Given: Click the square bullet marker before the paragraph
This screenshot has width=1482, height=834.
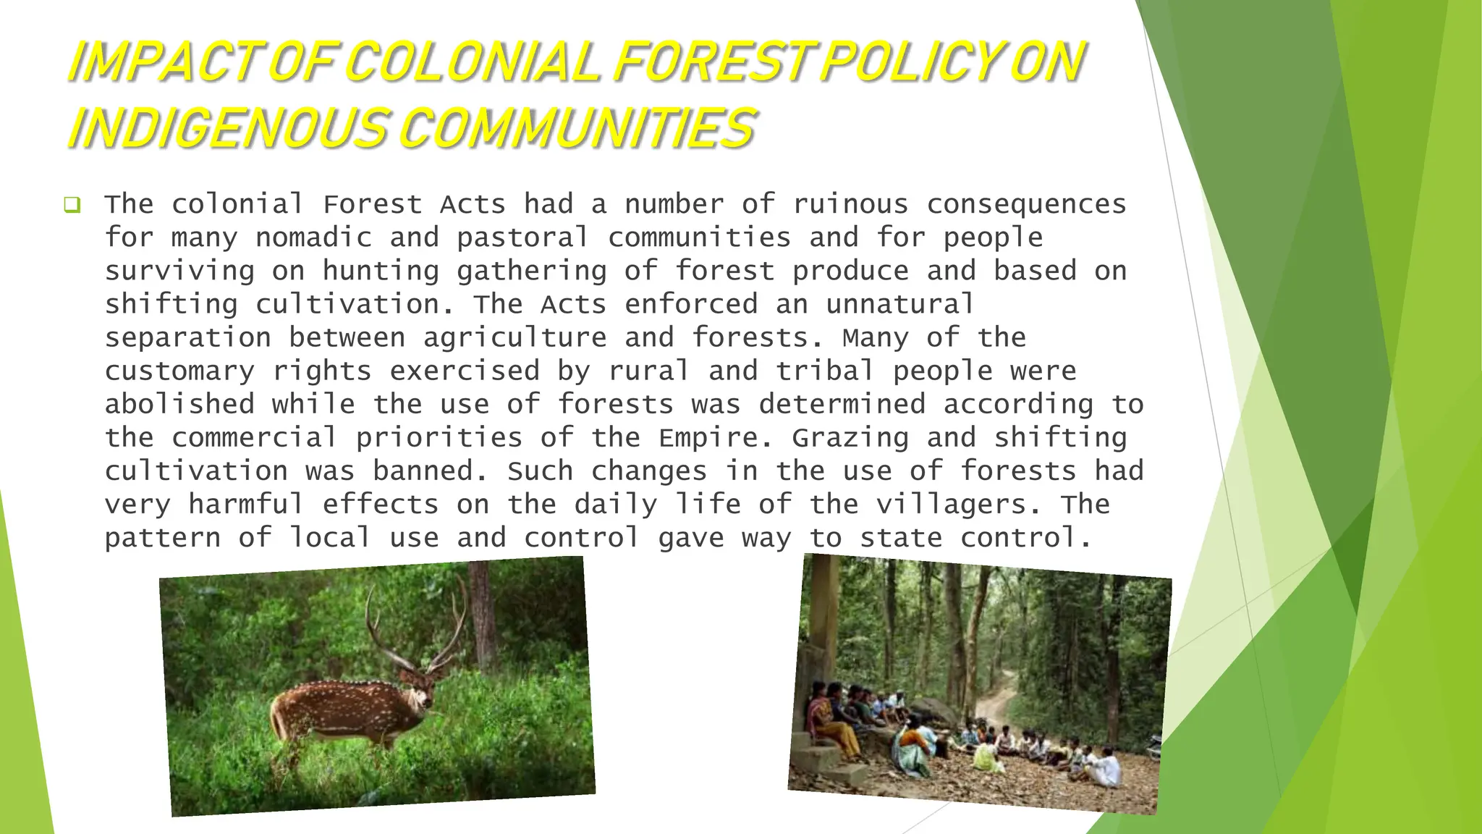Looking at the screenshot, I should [72, 206].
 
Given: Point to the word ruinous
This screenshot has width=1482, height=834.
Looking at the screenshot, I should [850, 205].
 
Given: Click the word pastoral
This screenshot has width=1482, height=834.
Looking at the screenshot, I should [522, 238].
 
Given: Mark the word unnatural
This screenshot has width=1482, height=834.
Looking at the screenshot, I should [900, 305].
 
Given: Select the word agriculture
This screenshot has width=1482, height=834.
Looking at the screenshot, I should [515, 338].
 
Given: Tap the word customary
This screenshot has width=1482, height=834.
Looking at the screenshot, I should [179, 371].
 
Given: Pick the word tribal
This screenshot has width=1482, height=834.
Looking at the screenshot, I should [825, 371].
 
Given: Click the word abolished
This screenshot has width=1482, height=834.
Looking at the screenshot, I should [179, 405].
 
